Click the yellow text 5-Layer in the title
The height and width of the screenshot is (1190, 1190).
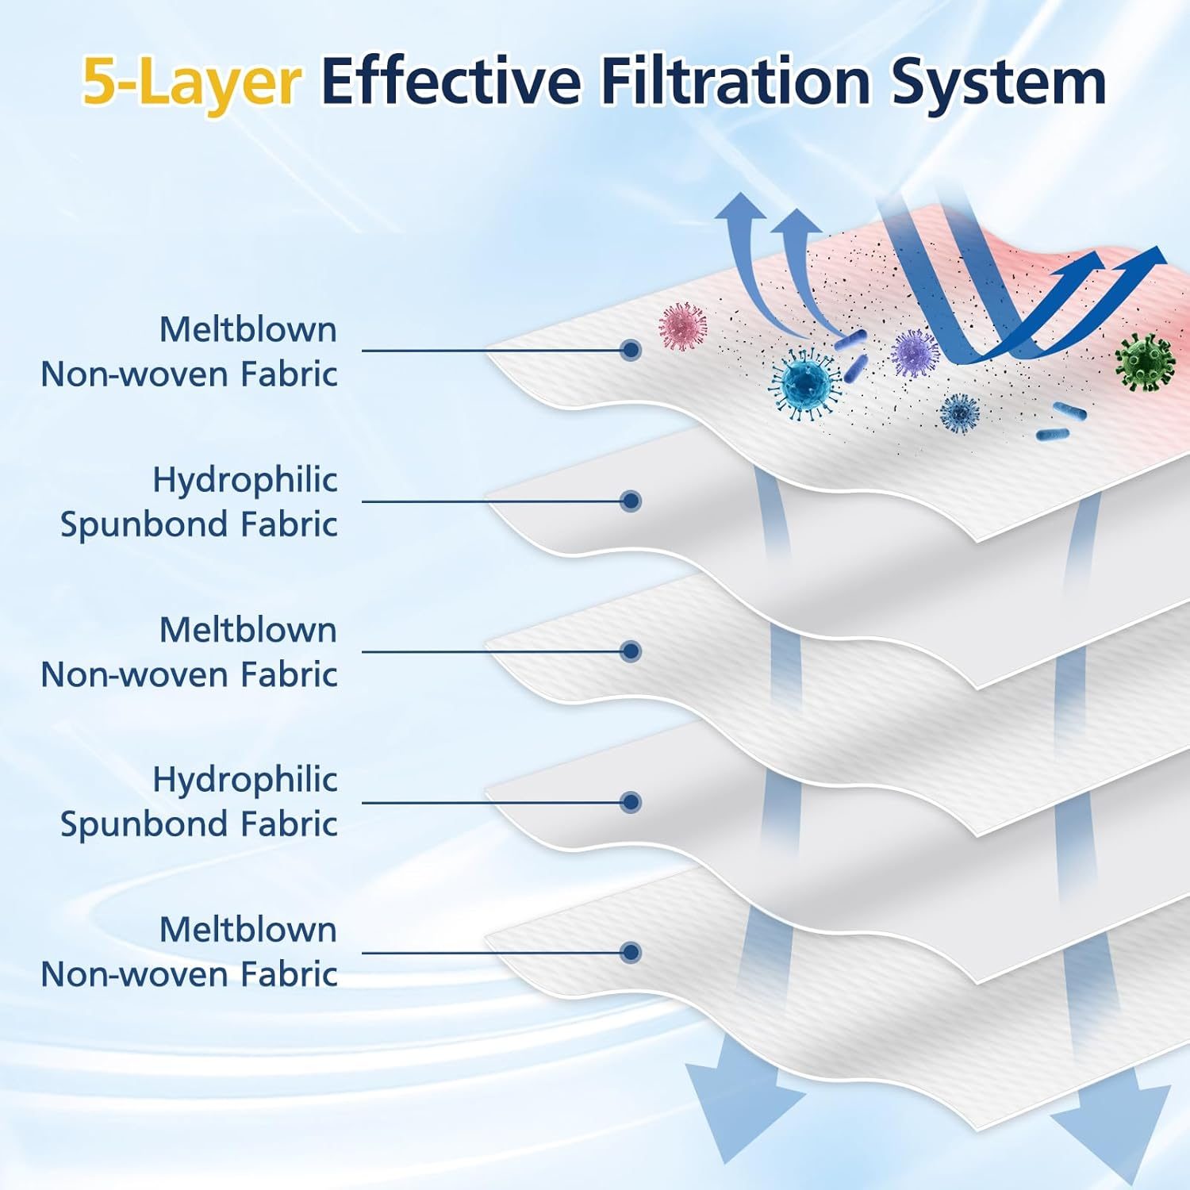point(191,82)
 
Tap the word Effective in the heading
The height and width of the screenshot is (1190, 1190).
point(451,80)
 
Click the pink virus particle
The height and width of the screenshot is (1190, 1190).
point(683,326)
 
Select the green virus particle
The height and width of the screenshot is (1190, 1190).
point(1144,362)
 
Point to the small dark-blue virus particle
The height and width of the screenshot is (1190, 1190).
point(959,413)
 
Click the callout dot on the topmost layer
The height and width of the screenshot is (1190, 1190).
point(631,350)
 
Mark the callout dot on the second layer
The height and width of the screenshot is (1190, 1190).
point(631,501)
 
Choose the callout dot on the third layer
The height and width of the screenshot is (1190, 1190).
point(631,651)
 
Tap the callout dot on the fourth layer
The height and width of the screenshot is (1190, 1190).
point(631,802)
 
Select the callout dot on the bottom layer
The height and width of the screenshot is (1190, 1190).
point(631,952)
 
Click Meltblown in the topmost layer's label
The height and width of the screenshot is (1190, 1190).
point(248,329)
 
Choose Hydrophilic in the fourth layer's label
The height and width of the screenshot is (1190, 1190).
point(244,780)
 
